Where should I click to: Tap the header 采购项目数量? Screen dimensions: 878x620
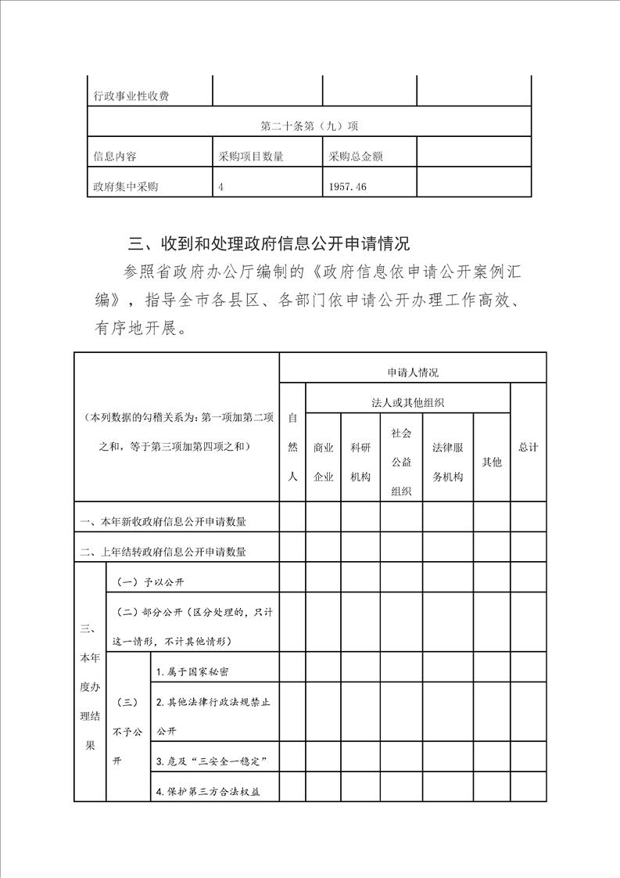(x=251, y=157)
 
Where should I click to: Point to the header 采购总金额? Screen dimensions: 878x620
(x=356, y=157)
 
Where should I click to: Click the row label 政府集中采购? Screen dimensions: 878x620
(x=127, y=186)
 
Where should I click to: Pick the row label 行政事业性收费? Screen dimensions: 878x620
(x=132, y=96)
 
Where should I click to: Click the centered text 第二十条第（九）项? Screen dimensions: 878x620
(x=309, y=125)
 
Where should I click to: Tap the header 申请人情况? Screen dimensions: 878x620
(x=412, y=373)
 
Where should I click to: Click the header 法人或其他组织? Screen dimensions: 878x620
(x=407, y=402)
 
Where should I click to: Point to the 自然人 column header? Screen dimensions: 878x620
(x=292, y=446)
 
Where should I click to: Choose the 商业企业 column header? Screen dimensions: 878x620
(x=323, y=462)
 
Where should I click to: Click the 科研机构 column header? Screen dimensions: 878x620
(x=360, y=462)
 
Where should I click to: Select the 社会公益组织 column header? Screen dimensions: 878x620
(x=401, y=462)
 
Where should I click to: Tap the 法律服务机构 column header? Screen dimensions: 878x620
(x=447, y=462)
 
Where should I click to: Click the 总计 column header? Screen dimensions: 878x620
(x=528, y=447)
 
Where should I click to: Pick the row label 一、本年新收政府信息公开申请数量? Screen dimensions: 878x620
(x=169, y=522)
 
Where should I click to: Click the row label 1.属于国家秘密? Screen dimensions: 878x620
(x=192, y=671)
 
